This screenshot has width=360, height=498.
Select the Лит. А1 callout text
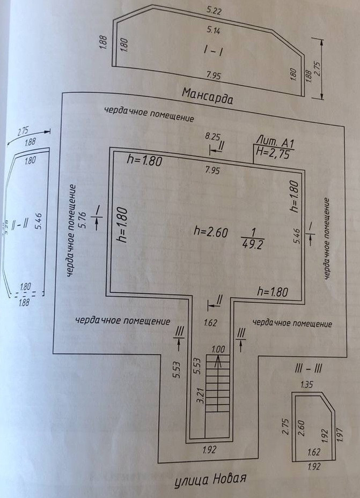tap(274, 143)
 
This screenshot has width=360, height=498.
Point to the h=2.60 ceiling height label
tap(211, 232)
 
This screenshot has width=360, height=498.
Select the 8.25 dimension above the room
tap(213, 137)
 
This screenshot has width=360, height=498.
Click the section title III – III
tap(308, 369)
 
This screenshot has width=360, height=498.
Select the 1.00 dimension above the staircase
tap(218, 350)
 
